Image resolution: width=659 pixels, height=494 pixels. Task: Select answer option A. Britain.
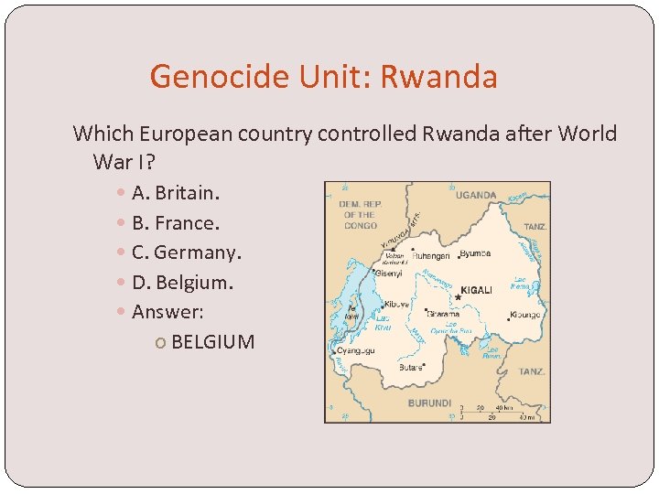click(175, 193)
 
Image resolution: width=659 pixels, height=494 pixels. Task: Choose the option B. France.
click(176, 222)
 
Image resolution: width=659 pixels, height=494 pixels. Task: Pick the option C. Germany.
click(187, 252)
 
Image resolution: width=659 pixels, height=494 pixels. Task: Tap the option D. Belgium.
click(182, 283)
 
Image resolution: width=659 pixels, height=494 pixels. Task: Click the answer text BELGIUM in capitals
click(212, 342)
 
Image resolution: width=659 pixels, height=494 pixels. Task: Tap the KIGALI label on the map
click(476, 290)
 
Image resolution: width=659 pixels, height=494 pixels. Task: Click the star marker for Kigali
click(458, 296)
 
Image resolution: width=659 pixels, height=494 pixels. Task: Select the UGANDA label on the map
click(476, 195)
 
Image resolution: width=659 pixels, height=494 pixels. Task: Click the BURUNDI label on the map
click(429, 403)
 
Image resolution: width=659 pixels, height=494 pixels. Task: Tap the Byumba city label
click(476, 253)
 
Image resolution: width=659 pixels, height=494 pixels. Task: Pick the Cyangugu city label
click(355, 350)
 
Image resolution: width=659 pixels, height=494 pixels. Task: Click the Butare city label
click(411, 366)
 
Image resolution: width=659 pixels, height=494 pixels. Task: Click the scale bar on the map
click(497, 413)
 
